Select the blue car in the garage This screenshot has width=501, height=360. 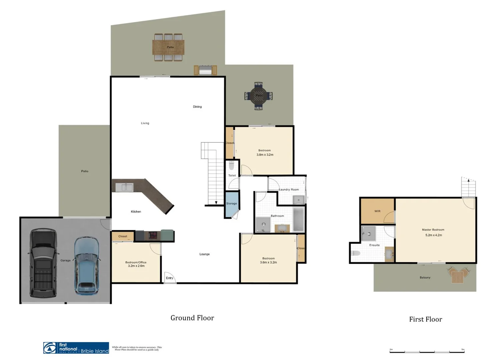click(86, 266)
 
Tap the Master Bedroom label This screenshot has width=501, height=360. click(433, 230)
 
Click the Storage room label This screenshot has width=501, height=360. click(231, 203)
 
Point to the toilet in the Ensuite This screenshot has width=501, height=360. click(356, 253)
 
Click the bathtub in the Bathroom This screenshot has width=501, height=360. click(298, 219)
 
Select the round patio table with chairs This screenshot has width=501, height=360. click(259, 96)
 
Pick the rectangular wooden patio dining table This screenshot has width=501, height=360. click(168, 47)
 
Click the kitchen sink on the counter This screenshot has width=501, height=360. click(124, 187)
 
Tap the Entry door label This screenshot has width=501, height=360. click(169, 278)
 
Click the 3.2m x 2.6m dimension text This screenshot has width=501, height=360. click(136, 266)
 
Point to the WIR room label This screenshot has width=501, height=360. click(377, 211)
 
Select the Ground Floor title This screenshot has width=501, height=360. click(192, 318)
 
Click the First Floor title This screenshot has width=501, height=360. click(425, 319)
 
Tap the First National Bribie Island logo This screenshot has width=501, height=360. click(76, 348)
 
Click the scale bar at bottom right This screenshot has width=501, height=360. click(427, 351)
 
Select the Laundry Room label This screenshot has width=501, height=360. click(289, 189)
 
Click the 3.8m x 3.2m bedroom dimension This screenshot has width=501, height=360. click(265, 155)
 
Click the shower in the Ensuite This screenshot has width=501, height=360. click(368, 234)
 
